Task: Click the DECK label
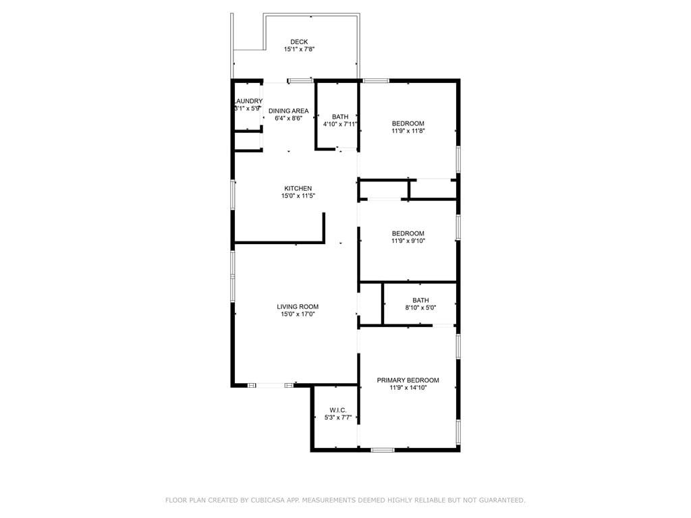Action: coord(299,42)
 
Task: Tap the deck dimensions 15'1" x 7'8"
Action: coord(299,49)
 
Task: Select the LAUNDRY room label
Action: coord(248,101)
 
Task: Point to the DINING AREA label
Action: coord(289,111)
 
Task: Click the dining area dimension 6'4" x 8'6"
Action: coord(289,118)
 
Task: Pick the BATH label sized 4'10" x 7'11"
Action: coord(340,117)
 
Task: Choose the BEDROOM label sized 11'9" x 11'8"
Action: coord(408,123)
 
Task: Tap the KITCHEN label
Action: coord(298,189)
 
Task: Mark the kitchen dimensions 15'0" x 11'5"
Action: coord(298,196)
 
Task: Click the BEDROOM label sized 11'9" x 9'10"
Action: coord(408,233)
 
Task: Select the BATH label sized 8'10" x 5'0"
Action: coord(421,300)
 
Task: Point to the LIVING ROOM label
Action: coord(298,307)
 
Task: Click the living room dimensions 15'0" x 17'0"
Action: coord(298,314)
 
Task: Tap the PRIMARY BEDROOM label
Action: coord(408,380)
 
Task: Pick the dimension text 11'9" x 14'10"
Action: coord(408,388)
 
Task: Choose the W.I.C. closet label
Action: coord(338,410)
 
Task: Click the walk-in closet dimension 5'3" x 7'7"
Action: coord(338,418)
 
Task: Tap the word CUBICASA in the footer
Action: coord(267,500)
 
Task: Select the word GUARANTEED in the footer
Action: coord(502,500)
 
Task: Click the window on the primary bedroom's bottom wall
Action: coord(383,450)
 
